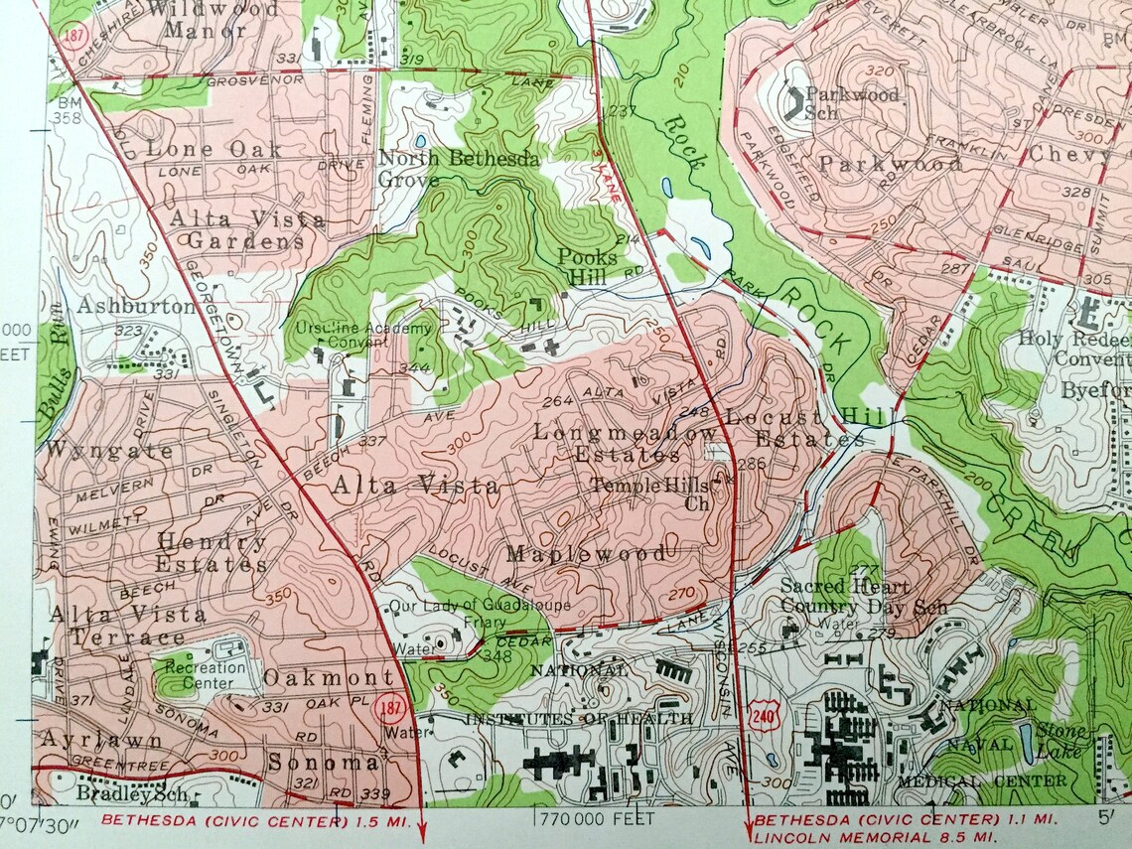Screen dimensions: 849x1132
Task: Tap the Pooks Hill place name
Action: (586, 265)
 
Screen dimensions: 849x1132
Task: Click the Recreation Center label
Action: (207, 674)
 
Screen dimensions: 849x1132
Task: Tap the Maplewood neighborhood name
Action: (586, 553)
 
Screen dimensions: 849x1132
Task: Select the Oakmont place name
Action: (329, 678)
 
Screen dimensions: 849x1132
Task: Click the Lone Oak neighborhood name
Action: (212, 149)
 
